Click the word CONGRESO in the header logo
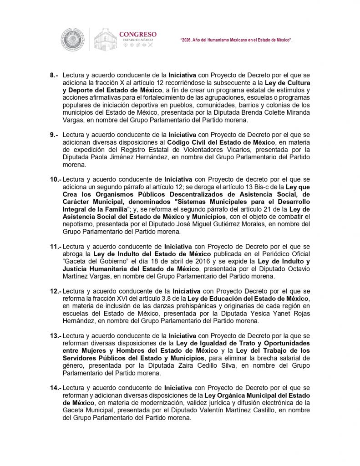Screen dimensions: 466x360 click(x=138, y=34)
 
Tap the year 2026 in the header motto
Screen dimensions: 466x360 click(x=188, y=41)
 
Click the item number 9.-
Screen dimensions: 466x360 click(x=54, y=135)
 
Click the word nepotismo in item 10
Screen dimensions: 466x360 click(x=78, y=224)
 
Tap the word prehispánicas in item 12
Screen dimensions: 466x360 click(x=187, y=306)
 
